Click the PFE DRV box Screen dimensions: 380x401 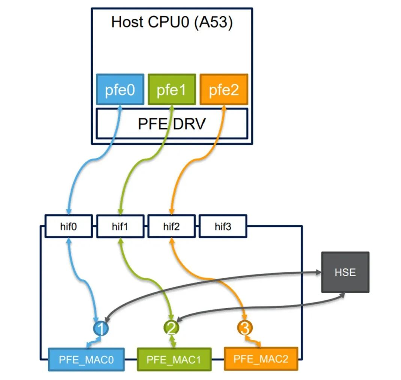click(x=172, y=123)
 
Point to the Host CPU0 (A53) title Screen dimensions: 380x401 click(x=172, y=22)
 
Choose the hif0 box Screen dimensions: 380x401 click(x=68, y=226)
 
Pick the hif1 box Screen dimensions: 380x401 click(x=120, y=226)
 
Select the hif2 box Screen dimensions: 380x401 click(x=172, y=226)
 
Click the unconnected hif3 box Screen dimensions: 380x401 click(x=223, y=226)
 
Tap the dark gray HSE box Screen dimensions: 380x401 click(x=345, y=272)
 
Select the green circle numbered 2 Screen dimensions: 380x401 click(x=172, y=328)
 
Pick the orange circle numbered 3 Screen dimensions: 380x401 click(x=244, y=328)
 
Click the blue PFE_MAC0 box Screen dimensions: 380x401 click(x=86, y=359)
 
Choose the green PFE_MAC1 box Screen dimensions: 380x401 click(x=174, y=359)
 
